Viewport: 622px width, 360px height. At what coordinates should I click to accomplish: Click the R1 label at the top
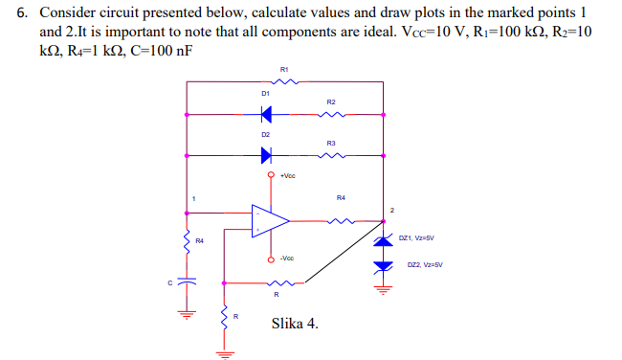[x=284, y=69]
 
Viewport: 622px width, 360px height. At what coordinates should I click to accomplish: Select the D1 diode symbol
[x=266, y=114]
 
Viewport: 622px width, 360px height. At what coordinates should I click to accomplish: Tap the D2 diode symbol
[x=266, y=154]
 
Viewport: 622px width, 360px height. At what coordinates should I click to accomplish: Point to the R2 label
[x=331, y=101]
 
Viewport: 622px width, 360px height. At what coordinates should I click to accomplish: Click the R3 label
[x=331, y=142]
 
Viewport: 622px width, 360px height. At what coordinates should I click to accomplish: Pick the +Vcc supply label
[x=288, y=177]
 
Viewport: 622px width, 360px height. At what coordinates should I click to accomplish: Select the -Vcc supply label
[x=288, y=258]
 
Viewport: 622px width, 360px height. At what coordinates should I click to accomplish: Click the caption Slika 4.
[x=295, y=323]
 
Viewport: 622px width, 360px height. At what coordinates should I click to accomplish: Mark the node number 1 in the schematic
[x=193, y=198]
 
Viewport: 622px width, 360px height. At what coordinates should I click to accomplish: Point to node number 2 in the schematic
[x=391, y=209]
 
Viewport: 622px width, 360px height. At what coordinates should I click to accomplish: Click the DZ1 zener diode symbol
[x=384, y=238]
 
